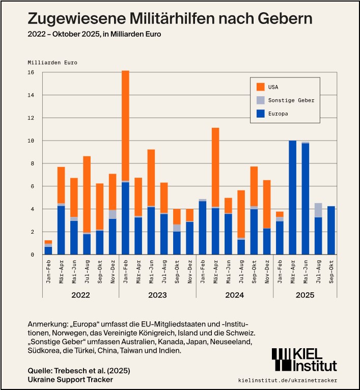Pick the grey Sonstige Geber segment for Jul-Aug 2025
click(318, 210)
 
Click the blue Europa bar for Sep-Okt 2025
click(331, 230)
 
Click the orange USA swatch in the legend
click(261, 87)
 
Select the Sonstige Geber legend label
click(291, 100)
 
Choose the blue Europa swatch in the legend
click(261, 114)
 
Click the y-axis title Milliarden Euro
click(52, 62)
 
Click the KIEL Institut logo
click(304, 359)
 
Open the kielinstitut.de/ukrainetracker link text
click(287, 380)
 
